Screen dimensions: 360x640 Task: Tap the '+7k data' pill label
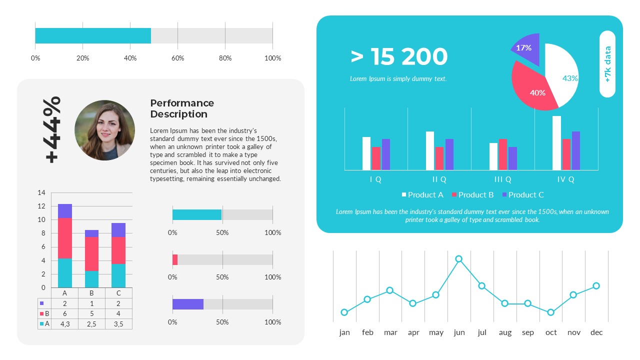point(607,64)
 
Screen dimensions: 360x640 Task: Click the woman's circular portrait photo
point(104,130)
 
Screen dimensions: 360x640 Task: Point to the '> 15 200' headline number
point(399,57)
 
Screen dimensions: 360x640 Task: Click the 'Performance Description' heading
point(182,108)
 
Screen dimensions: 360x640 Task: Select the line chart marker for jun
point(458,259)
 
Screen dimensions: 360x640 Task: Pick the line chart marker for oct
point(550,312)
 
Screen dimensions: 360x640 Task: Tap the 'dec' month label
point(596,332)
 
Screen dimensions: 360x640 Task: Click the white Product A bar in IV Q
point(556,143)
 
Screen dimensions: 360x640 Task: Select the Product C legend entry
point(522,194)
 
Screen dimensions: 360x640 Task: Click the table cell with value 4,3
point(64,324)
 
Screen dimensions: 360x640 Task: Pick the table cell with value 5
point(91,313)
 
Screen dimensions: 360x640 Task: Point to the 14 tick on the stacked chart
point(41,193)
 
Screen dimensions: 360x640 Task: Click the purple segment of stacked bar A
point(65,210)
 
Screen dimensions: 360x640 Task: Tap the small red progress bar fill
point(175,259)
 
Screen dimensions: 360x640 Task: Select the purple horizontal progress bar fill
point(188,304)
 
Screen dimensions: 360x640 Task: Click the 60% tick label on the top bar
point(177,58)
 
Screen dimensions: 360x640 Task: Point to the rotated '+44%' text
point(52,129)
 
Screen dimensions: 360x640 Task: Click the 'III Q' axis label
point(502,179)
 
